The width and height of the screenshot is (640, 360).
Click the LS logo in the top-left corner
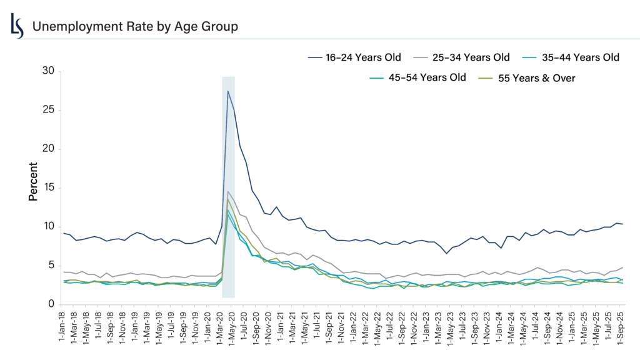point(17,26)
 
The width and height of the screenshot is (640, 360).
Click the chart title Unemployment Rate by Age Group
point(134,26)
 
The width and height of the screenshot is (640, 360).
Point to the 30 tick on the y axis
point(48,71)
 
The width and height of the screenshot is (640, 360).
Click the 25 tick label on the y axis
point(48,110)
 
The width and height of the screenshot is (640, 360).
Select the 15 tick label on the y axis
point(48,187)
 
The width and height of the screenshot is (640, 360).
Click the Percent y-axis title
point(33,181)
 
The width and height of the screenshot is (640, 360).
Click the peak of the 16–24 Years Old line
point(228,91)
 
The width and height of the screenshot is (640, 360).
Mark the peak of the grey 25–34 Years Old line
point(228,191)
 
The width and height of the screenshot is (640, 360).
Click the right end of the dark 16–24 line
point(622,224)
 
